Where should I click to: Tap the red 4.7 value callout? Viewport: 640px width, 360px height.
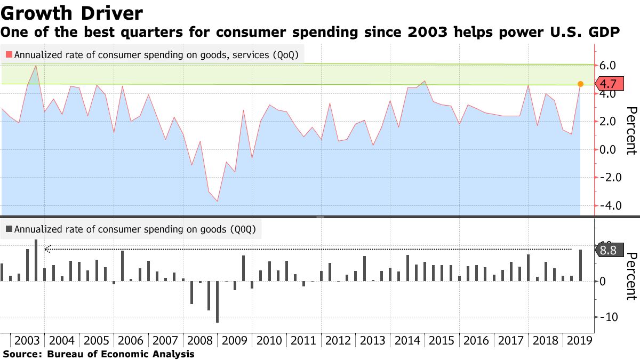click(608, 84)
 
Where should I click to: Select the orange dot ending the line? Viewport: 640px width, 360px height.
click(581, 84)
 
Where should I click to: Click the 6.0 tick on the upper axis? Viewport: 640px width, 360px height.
click(608, 66)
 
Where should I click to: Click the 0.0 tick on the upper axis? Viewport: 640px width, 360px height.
click(608, 149)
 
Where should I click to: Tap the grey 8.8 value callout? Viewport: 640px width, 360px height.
click(608, 250)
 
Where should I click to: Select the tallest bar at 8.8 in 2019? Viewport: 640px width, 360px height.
click(581, 265)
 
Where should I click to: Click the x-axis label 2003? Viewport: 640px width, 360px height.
click(28, 340)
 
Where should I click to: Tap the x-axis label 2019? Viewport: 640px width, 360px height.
click(578, 340)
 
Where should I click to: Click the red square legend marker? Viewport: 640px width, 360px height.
click(9, 54)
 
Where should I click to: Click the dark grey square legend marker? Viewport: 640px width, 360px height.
click(9, 229)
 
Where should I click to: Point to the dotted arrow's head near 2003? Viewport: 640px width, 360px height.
click(47, 249)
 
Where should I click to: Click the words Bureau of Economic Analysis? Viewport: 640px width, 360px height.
click(121, 354)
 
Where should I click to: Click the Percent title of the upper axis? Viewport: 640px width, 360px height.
click(631, 131)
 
